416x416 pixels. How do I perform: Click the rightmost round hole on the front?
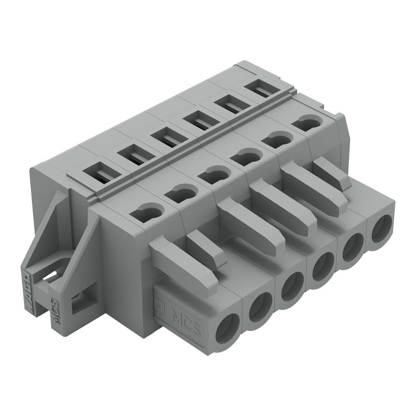381,229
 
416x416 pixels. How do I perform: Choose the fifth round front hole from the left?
352,248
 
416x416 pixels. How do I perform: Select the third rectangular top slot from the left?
166,139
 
